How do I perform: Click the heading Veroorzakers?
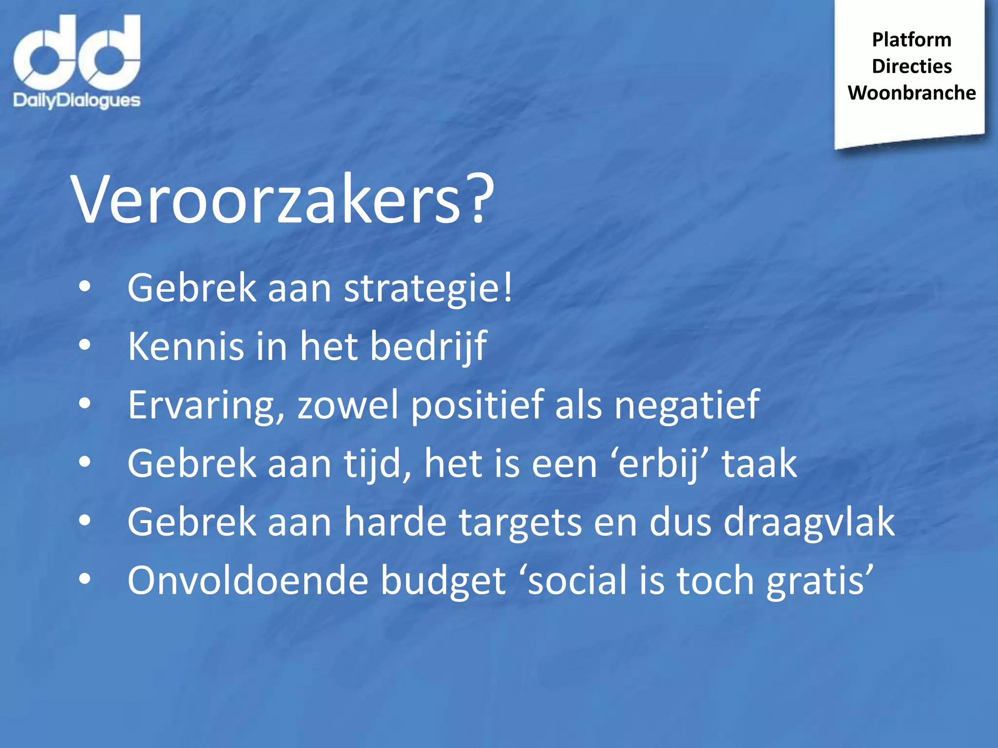tap(283, 200)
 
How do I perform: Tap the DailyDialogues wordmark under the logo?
tap(77, 100)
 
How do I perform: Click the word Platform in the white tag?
tap(911, 40)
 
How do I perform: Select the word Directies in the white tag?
tap(911, 66)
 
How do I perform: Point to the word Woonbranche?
tap(911, 93)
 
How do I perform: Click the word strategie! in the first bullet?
tap(428, 288)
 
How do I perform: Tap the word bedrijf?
tap(428, 346)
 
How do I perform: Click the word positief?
tap(477, 405)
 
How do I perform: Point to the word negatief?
tap(687, 405)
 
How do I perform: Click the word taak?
tap(759, 464)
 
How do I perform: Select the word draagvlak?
tap(809, 522)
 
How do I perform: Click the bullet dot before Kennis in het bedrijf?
tap(84, 345)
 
